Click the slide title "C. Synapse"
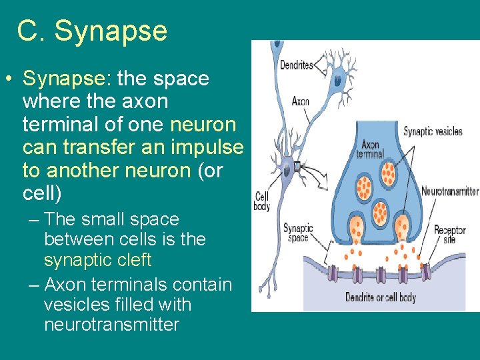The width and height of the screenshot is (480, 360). tap(92, 31)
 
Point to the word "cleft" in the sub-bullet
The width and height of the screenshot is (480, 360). tap(134, 259)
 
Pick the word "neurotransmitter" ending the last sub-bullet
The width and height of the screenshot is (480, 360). tap(111, 325)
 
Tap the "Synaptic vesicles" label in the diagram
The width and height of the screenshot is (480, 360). tap(433, 131)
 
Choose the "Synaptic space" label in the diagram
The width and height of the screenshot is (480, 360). tap(298, 232)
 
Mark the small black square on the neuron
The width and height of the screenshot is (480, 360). tap(297, 165)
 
